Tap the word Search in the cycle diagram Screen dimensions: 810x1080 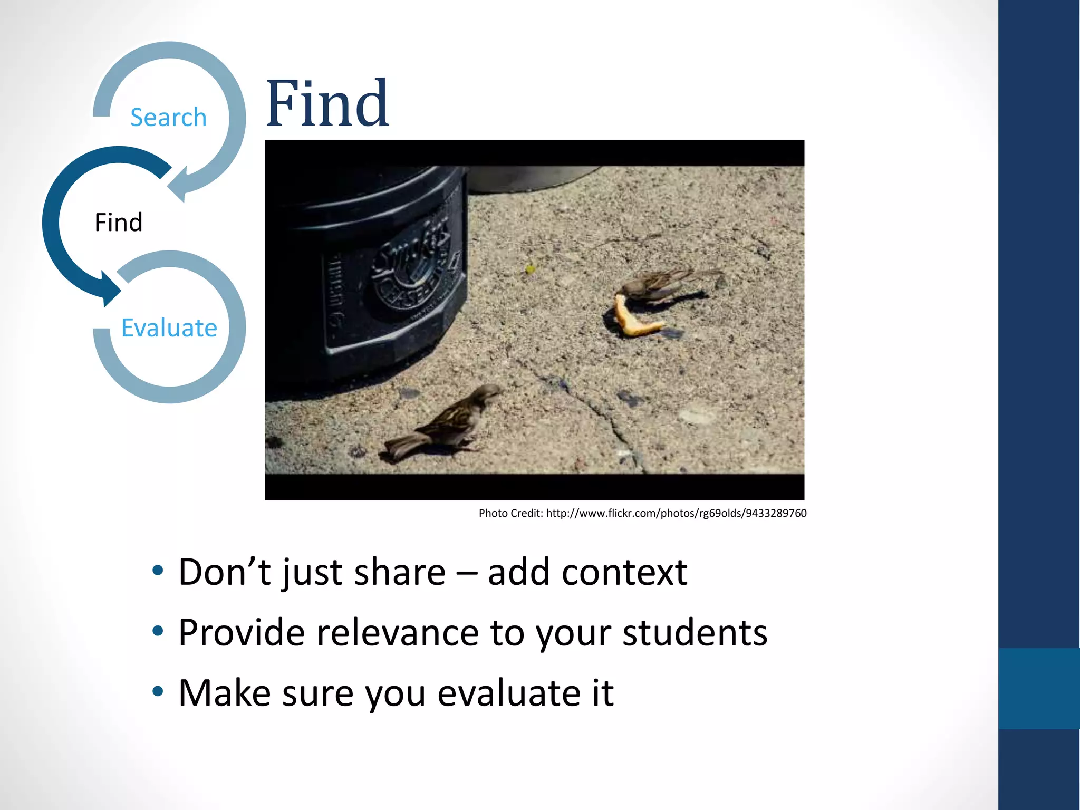(168, 117)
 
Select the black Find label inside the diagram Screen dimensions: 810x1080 (118, 223)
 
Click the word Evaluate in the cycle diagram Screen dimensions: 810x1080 (169, 327)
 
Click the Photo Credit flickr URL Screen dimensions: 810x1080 (676, 513)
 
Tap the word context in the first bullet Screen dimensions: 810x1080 (624, 572)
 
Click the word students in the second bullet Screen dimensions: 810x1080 (695, 632)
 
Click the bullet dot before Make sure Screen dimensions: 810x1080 (158, 691)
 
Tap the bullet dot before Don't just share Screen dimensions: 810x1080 (158, 571)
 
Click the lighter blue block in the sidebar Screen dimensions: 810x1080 (1039, 688)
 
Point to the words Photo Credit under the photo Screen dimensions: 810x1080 (510, 513)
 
